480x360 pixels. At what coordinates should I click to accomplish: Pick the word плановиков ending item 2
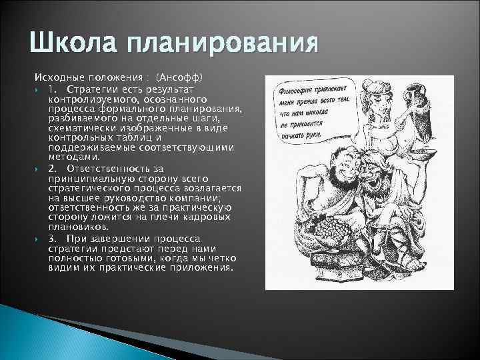pyautogui.click(x=74, y=226)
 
